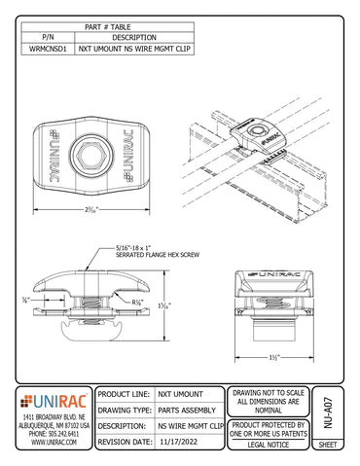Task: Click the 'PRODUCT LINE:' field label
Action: (125, 394)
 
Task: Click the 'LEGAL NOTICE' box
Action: (270, 445)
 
